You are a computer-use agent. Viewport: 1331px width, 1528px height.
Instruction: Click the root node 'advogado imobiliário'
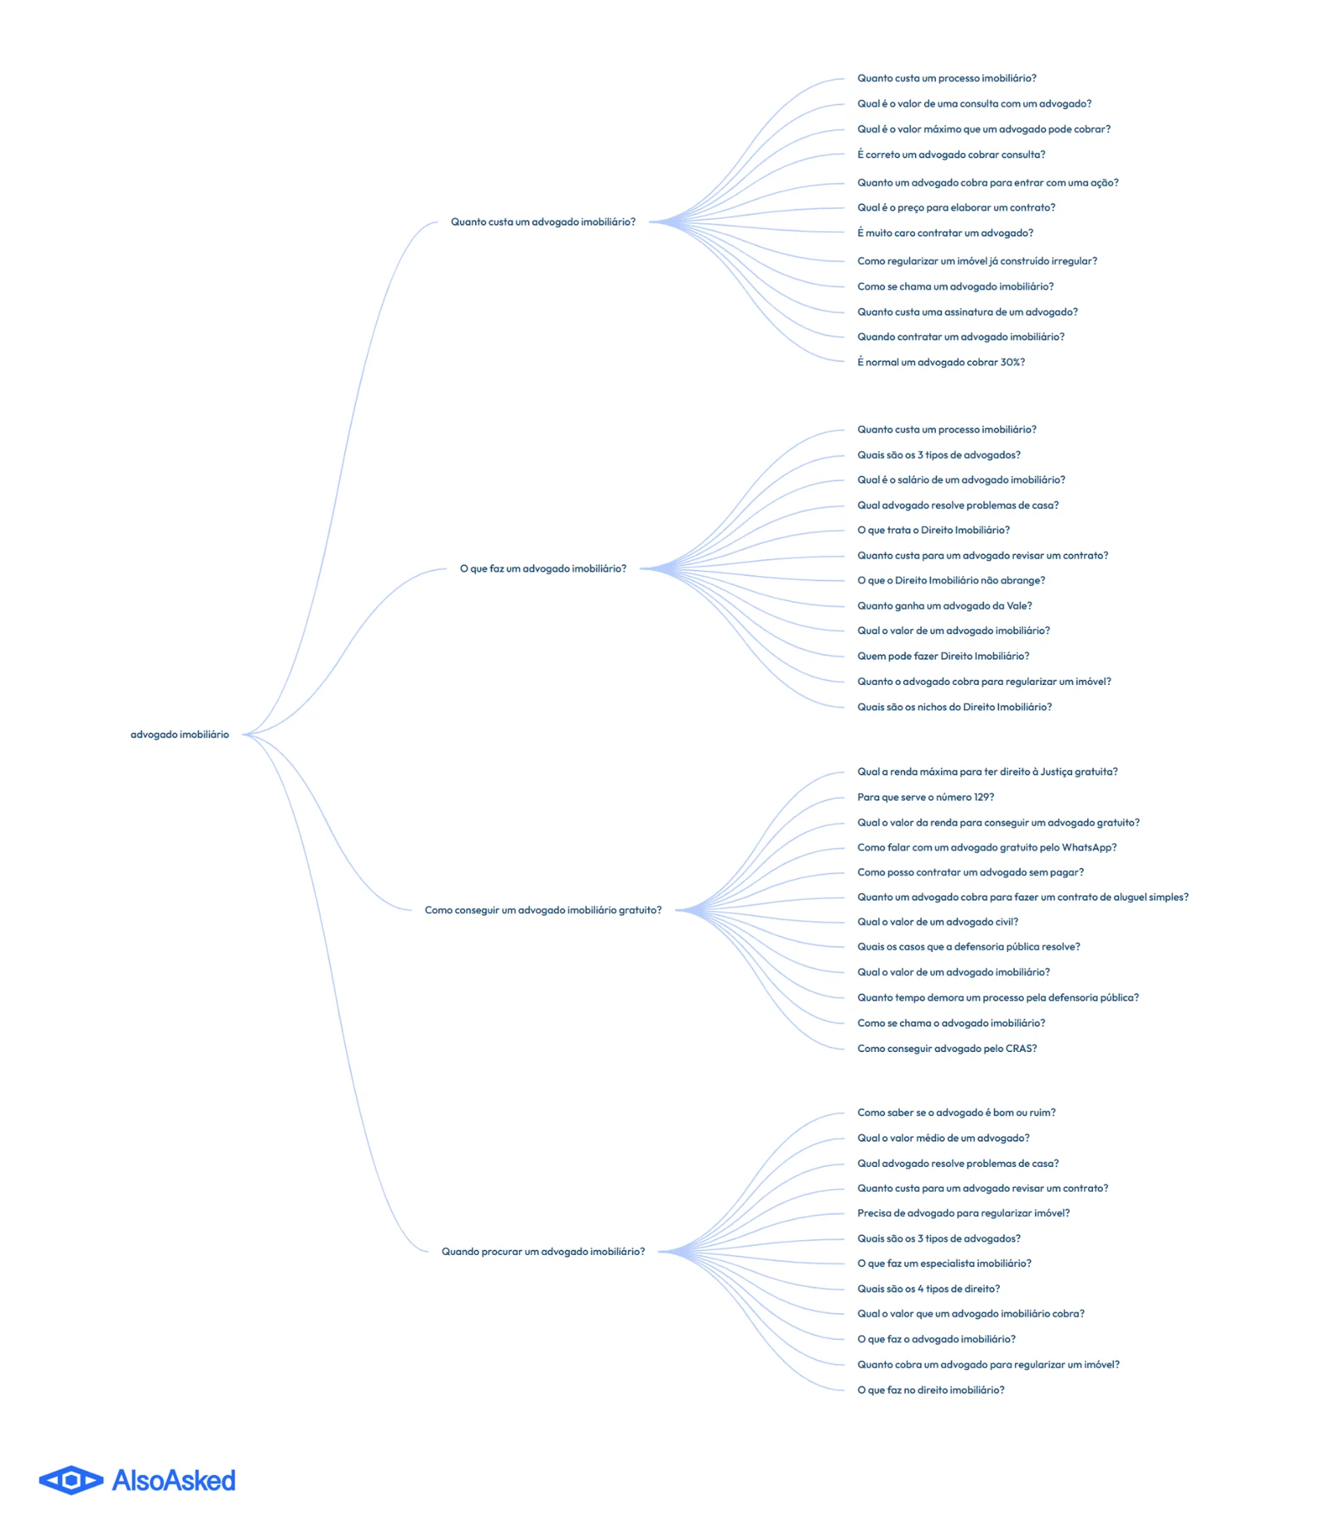pos(180,734)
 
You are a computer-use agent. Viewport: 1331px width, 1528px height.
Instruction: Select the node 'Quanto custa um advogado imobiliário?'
pos(543,222)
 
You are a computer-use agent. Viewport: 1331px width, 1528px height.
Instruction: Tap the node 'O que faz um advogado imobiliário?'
pos(543,568)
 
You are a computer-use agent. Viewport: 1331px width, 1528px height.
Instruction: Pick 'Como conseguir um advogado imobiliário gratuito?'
pos(543,910)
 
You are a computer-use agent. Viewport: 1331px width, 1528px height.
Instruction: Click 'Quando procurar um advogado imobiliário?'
pos(543,1252)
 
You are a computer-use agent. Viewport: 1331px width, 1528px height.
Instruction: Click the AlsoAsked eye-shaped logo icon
pos(72,1480)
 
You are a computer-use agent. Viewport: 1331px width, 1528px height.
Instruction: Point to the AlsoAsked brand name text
pos(174,1480)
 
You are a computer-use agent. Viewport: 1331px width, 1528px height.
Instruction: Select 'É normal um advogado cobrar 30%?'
pos(941,362)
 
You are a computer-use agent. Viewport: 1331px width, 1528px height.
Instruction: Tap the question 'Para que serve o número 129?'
pos(926,797)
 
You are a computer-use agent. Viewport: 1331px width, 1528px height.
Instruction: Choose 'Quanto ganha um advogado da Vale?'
pos(944,606)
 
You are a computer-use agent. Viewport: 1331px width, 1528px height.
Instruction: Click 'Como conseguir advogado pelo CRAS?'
pos(947,1049)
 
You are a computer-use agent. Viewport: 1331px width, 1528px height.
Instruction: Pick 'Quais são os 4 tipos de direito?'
pos(928,1288)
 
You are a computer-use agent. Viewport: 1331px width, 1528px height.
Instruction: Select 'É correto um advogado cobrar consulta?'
pos(951,155)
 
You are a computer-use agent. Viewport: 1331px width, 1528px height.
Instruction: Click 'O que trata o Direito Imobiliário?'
pos(933,530)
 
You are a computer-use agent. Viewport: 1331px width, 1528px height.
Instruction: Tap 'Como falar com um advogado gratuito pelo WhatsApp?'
pos(987,847)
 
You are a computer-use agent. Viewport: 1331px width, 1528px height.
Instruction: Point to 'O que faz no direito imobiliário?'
pos(931,1390)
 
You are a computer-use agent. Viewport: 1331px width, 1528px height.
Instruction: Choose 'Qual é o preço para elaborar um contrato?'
pos(956,207)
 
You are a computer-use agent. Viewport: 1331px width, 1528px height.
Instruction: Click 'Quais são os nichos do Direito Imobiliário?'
pos(954,707)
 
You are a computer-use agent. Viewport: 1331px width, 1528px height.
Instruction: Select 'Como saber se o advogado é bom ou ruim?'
pos(956,1112)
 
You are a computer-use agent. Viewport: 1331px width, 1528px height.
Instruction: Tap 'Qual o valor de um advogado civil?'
pos(938,922)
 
